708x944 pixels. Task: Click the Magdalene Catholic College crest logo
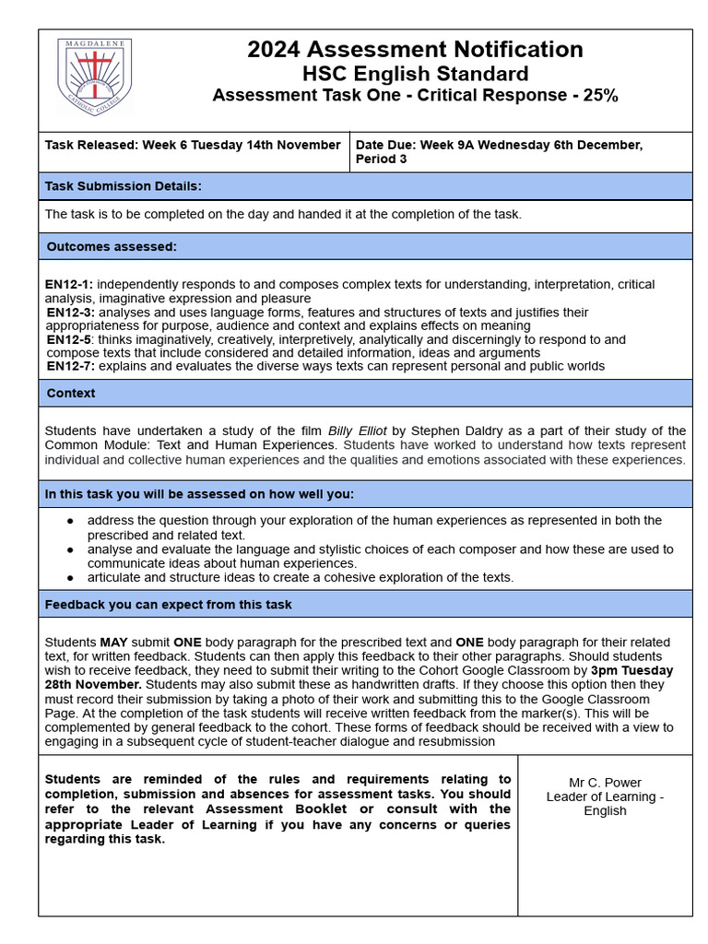95,77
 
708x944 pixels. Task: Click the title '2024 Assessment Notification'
415,50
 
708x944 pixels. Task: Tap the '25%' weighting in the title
596,95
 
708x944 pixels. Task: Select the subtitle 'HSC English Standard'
415,74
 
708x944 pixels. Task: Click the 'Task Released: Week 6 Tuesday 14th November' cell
193,145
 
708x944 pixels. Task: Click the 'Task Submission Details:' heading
123,186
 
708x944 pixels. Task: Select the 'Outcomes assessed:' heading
112,246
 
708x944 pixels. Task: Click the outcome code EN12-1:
69,285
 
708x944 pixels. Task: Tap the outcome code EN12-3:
71,313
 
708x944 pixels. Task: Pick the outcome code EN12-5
69,339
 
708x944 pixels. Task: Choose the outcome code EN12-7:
71,366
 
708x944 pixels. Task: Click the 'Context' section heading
71,393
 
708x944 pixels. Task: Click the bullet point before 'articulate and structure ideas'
71,578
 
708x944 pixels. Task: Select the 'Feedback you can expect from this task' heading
169,605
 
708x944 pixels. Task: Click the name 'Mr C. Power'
605,783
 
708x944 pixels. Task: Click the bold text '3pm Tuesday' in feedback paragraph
632,670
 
